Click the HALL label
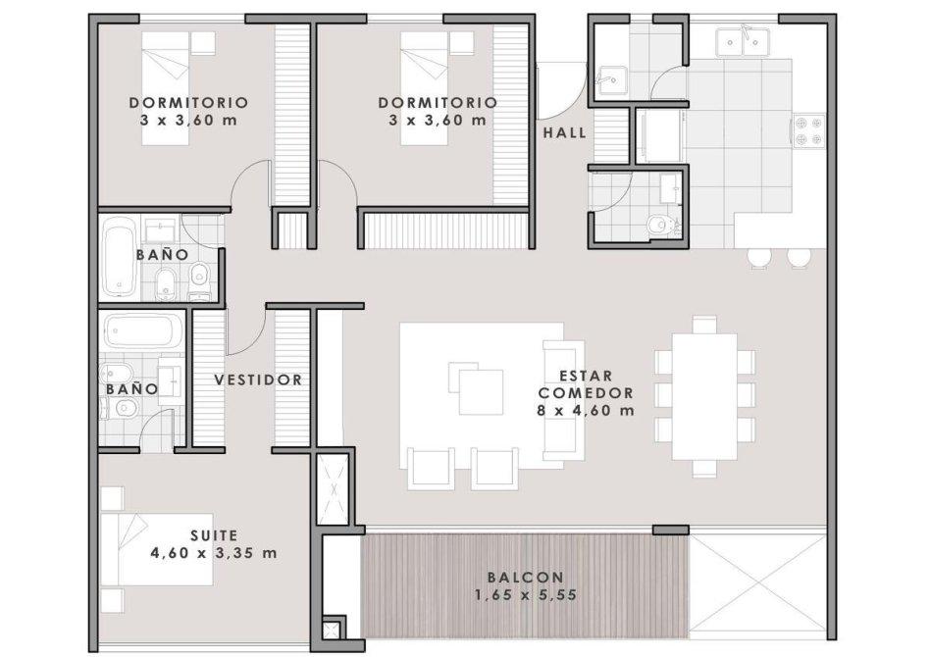pos(564,132)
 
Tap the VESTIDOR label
pos(258,379)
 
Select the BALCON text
pos(526,577)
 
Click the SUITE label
pos(214,535)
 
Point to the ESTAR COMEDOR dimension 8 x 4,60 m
pos(586,410)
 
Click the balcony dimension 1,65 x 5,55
pos(526,595)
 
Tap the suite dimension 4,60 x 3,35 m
pos(214,553)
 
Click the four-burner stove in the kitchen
pos(807,130)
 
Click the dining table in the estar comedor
pos(704,396)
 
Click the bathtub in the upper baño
pos(119,257)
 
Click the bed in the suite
pos(157,550)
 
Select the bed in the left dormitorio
pos(166,88)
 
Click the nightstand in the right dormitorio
pos(461,43)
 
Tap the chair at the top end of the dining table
pos(704,325)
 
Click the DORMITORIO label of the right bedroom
pos(438,103)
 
